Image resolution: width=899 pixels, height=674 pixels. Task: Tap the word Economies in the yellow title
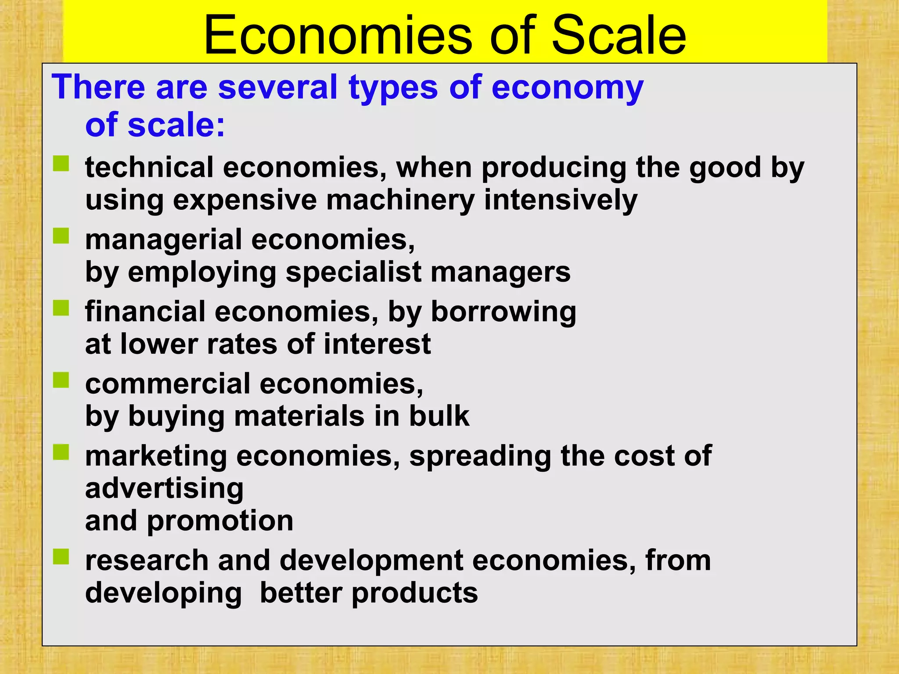[338, 35]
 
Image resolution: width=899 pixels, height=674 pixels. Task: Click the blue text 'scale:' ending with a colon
[176, 125]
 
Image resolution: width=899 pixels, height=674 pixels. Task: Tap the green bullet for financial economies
[61, 308]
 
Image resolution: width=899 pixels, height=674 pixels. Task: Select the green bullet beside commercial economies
[61, 380]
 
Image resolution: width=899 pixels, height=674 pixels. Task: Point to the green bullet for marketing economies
[61, 452]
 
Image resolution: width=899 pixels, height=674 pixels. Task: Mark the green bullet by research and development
[61, 557]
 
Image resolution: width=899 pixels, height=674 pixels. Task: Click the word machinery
[400, 200]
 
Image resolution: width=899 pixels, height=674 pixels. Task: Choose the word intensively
[561, 200]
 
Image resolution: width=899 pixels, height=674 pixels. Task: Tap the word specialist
[353, 272]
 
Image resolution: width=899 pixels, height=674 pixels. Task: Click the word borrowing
[503, 312]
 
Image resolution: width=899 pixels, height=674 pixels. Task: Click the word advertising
[164, 489]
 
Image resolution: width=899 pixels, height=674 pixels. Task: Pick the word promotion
[220, 521]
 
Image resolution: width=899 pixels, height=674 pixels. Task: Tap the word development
[371, 561]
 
